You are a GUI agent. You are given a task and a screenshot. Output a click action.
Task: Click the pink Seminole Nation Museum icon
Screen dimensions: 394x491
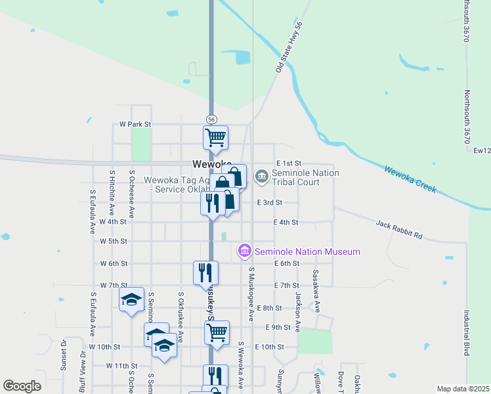[x=245, y=251]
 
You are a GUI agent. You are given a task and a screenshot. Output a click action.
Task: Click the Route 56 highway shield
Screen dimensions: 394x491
[x=211, y=120]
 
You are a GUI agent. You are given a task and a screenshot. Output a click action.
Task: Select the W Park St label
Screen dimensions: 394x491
[x=135, y=124]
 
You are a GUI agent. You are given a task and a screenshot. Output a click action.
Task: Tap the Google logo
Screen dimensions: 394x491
[x=22, y=386]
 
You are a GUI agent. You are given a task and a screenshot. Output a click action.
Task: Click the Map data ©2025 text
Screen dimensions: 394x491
[x=463, y=389]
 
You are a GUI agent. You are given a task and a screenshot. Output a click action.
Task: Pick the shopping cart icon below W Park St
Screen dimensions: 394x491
[x=215, y=138]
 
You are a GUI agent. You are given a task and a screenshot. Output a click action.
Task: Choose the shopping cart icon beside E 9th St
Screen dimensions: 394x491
[x=217, y=333]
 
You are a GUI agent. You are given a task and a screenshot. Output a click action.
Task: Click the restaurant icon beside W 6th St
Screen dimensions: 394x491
[x=205, y=272]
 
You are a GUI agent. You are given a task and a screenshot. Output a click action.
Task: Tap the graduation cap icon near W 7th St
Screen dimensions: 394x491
[x=131, y=300]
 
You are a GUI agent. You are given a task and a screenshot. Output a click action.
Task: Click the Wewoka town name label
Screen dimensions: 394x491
[x=211, y=164]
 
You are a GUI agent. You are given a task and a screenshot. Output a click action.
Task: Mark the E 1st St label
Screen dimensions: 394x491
[x=289, y=163]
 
